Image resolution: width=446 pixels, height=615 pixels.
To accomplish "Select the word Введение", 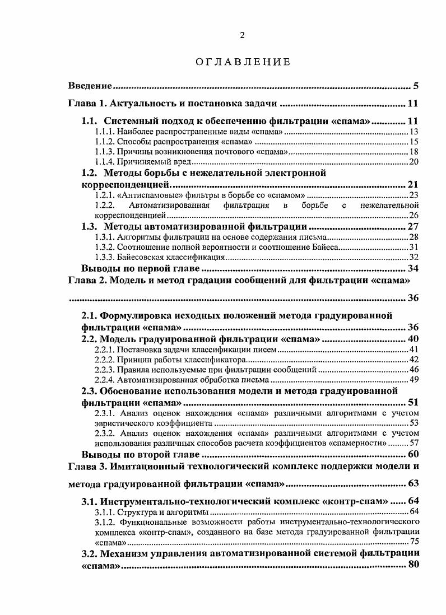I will coord(90,86).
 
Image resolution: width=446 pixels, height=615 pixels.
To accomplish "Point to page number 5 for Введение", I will coord(416,86).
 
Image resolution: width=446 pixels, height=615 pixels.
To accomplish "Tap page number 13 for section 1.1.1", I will coord(414,132).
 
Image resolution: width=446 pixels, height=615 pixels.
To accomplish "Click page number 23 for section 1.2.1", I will coord(414,195).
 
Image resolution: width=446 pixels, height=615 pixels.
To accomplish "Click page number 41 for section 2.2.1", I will coord(414,350).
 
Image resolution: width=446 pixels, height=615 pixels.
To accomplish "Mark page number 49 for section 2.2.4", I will coord(414,380).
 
